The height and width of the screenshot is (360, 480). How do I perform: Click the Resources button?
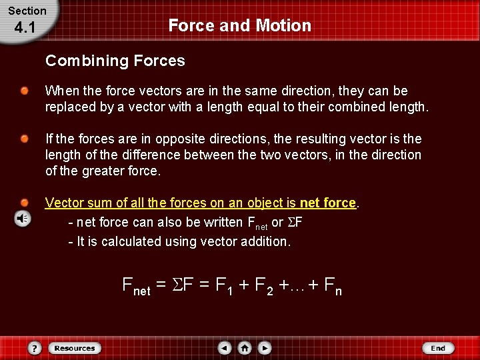75,348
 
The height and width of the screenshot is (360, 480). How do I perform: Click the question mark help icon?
35,348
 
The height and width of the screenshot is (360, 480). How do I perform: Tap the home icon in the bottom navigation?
245,348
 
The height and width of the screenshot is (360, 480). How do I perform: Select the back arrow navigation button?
225,348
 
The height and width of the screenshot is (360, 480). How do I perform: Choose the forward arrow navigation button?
265,348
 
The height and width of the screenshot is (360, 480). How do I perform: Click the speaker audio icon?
23,219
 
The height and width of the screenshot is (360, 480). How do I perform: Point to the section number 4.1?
23,28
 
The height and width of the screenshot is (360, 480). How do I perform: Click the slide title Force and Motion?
239,25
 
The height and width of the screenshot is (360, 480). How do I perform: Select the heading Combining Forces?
115,61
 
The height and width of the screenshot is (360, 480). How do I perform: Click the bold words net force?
327,203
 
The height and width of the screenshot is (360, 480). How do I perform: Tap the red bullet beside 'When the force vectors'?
24,91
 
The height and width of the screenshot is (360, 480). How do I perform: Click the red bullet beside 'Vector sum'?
24,202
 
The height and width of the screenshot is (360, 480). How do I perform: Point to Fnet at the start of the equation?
136,287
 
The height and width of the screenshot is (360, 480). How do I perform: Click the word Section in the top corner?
27,11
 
